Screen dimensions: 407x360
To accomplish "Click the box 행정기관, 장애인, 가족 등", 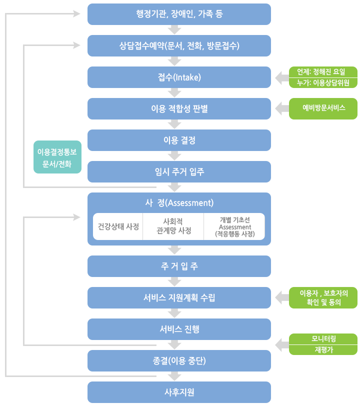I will coord(179,14).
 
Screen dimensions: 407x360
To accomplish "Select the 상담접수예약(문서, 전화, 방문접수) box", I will coord(179,46).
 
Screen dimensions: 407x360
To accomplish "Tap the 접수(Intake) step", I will coord(179,77).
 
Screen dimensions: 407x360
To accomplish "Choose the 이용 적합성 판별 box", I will coord(179,108).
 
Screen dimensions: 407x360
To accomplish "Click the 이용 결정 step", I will coord(179,140).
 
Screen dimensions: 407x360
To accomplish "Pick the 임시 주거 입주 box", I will coord(179,171).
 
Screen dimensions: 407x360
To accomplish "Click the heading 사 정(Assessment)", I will coord(179,202).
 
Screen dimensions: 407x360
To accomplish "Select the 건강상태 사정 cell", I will coord(118,226).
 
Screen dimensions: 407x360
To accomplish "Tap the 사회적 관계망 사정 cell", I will coord(173,226).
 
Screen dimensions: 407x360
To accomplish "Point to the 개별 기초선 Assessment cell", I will coord(234,226).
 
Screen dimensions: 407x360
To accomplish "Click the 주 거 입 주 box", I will coord(179,266).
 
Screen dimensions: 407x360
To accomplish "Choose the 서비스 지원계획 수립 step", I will coord(179,297).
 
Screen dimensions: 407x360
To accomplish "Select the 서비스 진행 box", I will coord(179,329).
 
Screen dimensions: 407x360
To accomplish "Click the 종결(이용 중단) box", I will coord(179,360).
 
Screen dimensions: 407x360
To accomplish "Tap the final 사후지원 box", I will coord(179,392).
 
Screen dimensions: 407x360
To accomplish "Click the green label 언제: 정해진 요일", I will coord(323,71).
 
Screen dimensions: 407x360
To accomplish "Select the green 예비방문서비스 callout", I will coord(323,108).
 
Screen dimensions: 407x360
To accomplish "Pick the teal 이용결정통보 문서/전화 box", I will coord(57,157).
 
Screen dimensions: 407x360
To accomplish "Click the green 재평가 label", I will coord(323,350).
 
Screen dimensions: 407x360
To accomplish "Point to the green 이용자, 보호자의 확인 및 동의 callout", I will coord(323,297).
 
